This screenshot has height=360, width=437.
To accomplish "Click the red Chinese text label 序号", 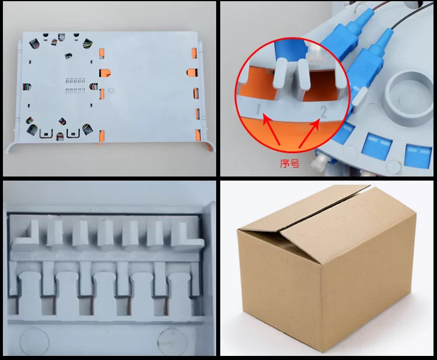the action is coord(290,163).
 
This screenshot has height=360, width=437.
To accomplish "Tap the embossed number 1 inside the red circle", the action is coord(259,109).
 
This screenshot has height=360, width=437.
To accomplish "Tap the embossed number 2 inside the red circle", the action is coord(323,112).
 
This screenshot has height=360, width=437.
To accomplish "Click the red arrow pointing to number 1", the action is coord(272,129).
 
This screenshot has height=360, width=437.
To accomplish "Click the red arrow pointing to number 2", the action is coord(309,133).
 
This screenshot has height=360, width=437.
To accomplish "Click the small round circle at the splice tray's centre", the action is coord(111,90).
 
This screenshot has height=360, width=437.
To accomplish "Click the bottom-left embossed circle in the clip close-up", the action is coord(34,341).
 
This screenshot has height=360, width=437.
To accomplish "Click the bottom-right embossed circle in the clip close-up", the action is coord(172,341).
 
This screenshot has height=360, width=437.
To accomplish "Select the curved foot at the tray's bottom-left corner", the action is coord(10,147).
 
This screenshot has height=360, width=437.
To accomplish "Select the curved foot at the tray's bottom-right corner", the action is coord(209,146).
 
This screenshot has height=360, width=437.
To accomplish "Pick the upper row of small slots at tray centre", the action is coord(75,80).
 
